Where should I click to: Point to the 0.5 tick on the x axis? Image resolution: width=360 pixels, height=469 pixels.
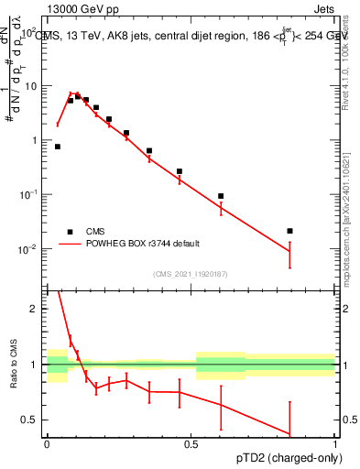(191, 443)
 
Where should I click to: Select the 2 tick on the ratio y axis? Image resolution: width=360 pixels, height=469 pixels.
(36, 309)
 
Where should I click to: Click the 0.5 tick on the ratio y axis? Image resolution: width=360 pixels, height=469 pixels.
(31, 420)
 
